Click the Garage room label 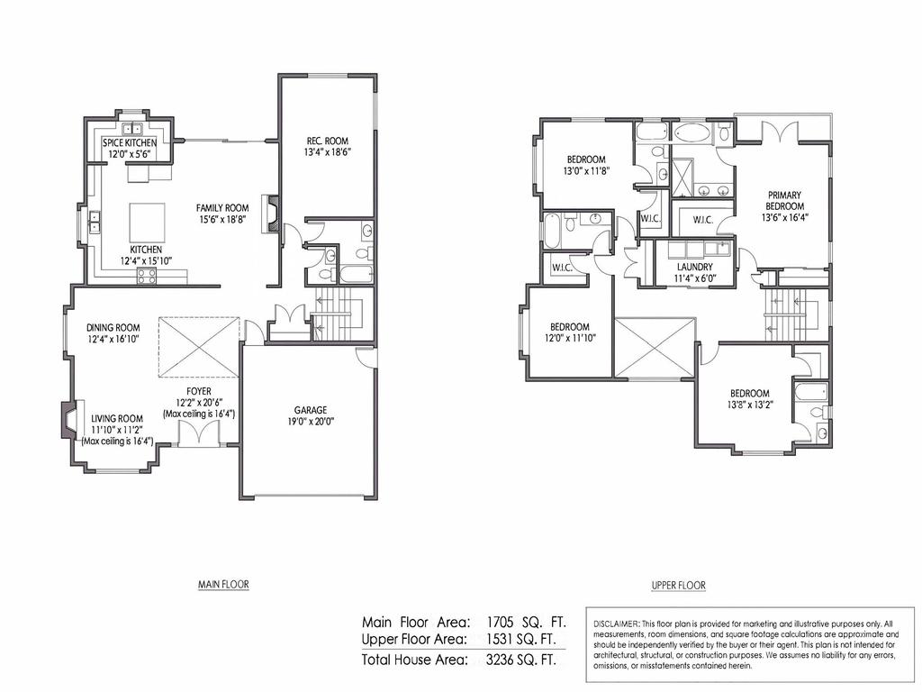tap(309, 410)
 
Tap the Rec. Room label tap(327, 141)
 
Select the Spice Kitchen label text tap(130, 143)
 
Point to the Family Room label tap(222, 208)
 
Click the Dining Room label tap(113, 328)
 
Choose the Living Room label tap(117, 418)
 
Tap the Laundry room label tap(694, 268)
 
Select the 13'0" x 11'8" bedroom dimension tap(586, 171)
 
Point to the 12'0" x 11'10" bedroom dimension tap(570, 338)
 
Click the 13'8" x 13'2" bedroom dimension tap(749, 405)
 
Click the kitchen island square tap(148, 219)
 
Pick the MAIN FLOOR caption tap(223, 584)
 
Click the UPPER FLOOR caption tap(678, 586)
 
